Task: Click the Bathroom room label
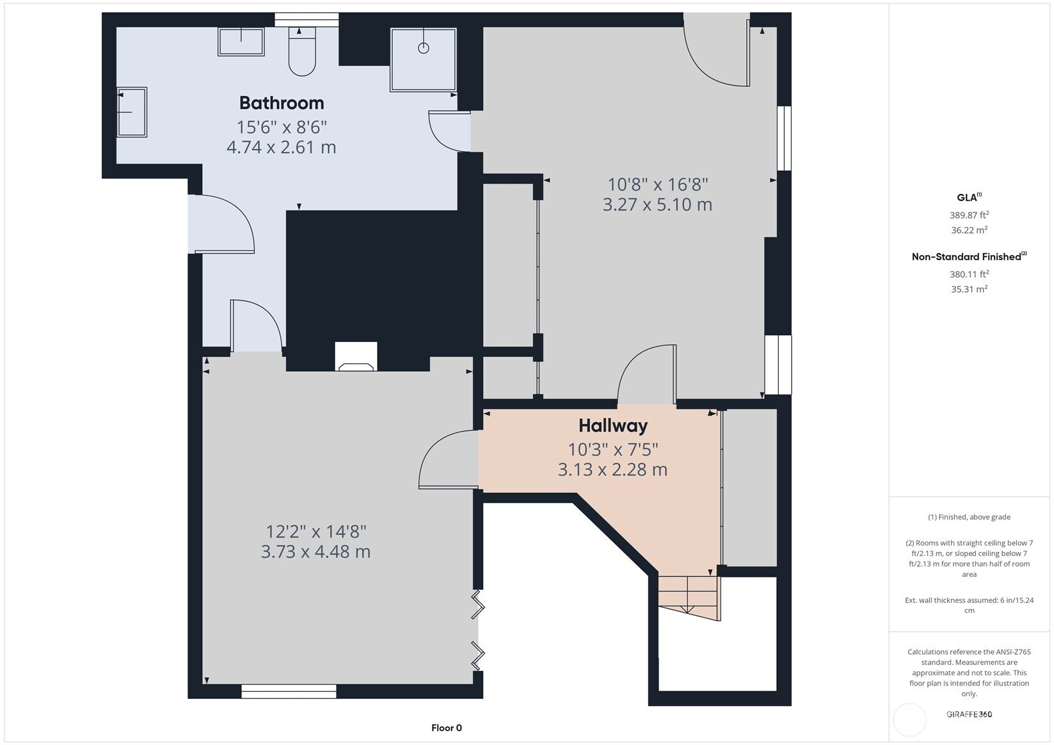[282, 103]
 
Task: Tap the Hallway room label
[613, 426]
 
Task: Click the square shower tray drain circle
[424, 48]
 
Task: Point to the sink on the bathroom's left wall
[132, 112]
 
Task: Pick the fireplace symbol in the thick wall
[356, 356]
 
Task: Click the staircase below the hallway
[689, 597]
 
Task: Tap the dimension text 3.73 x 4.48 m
[315, 552]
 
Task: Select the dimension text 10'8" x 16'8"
[658, 184]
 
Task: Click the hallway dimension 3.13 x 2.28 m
[612, 469]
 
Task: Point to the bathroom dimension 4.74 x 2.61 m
[282, 147]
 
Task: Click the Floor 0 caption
[447, 728]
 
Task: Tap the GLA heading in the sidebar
[969, 197]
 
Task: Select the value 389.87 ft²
[969, 215]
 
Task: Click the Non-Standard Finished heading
[969, 256]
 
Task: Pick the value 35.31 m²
[969, 289]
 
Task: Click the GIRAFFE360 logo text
[969, 714]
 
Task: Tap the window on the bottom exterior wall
[289, 691]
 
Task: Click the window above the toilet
[307, 20]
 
